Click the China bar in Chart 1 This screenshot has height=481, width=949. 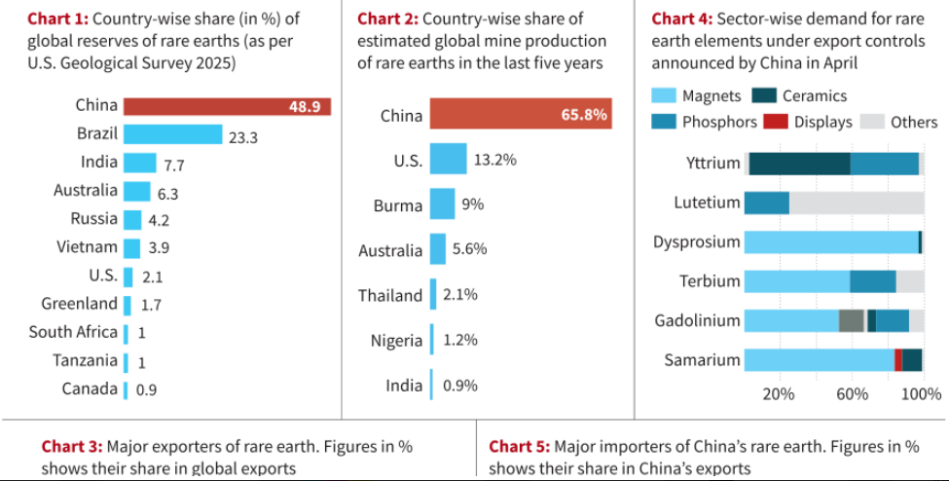pyautogui.click(x=226, y=106)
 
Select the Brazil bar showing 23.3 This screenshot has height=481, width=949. pyautogui.click(x=172, y=134)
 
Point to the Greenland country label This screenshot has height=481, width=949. pyautogui.click(x=79, y=304)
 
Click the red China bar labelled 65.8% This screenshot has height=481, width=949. pyautogui.click(x=521, y=115)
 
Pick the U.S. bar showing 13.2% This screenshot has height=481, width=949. pyautogui.click(x=448, y=160)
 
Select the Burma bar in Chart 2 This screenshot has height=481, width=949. pyautogui.click(x=442, y=204)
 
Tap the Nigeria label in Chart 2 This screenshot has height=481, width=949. pyautogui.click(x=396, y=341)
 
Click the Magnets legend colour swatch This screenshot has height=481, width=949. pyautogui.click(x=663, y=95)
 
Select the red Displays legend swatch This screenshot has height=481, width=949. pyautogui.click(x=775, y=122)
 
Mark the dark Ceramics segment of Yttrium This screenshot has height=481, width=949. pyautogui.click(x=799, y=164)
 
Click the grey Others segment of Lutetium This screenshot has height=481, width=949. pyautogui.click(x=857, y=203)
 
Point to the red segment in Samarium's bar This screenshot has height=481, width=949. pyautogui.click(x=897, y=360)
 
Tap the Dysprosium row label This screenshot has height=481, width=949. pyautogui.click(x=696, y=241)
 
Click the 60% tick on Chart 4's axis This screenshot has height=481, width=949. pyautogui.click(x=852, y=394)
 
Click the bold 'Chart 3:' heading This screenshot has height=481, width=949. pyautogui.click(x=71, y=447)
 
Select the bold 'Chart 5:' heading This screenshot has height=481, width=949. pyautogui.click(x=519, y=447)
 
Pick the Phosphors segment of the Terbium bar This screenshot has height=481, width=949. pyautogui.click(x=872, y=281)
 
